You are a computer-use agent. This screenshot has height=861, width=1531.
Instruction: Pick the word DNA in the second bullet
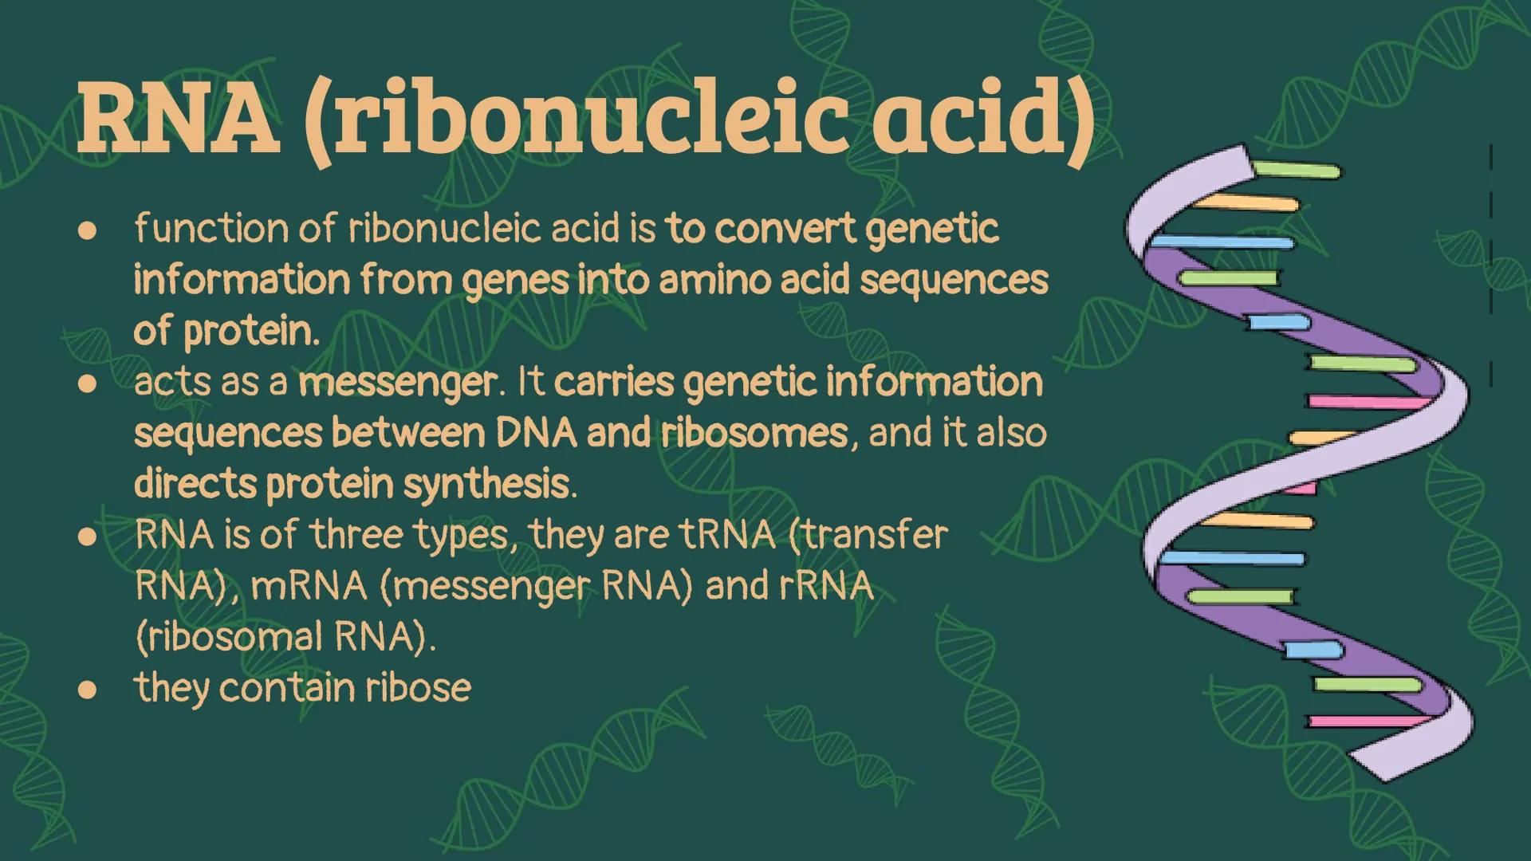(x=535, y=433)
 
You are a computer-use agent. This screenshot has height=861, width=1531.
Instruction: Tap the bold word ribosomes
(x=754, y=433)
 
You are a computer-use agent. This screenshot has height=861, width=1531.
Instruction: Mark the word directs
(x=195, y=484)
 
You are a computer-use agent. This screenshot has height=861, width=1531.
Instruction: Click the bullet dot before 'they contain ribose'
(x=87, y=690)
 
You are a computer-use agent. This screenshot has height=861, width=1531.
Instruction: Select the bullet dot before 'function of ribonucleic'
(x=87, y=231)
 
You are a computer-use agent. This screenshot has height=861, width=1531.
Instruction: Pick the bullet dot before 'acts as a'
(x=87, y=384)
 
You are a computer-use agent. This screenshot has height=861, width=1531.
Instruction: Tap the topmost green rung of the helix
(x=1296, y=170)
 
